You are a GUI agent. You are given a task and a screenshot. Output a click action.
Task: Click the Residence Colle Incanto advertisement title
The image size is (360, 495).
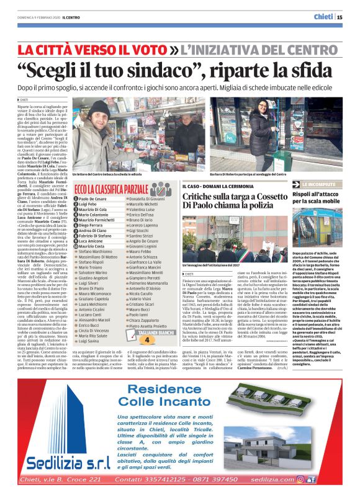point(179,395)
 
